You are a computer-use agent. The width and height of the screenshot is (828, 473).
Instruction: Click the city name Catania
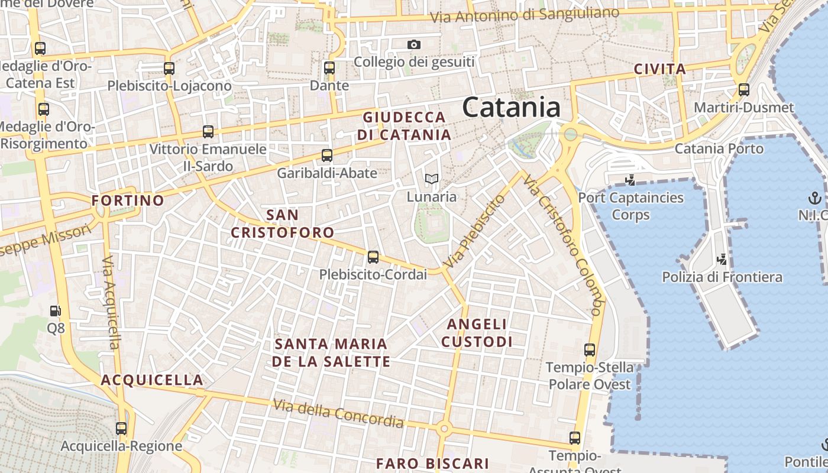[x=511, y=108]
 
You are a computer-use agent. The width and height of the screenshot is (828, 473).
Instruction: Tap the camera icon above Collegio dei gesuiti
[x=414, y=44]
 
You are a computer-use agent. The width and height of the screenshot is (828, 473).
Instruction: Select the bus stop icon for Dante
[x=329, y=68]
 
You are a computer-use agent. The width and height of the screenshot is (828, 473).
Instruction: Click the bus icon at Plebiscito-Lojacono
[x=169, y=69]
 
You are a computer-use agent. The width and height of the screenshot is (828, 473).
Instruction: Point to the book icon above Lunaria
[x=432, y=179]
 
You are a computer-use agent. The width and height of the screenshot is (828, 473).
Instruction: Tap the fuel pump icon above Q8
[x=55, y=310]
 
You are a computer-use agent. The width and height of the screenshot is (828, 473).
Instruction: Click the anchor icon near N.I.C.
[x=815, y=197]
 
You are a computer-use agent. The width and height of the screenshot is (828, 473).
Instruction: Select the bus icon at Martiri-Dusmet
[x=744, y=90]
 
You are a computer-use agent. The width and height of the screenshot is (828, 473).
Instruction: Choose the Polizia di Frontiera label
[x=722, y=277]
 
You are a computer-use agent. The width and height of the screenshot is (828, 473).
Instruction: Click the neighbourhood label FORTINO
[x=127, y=200]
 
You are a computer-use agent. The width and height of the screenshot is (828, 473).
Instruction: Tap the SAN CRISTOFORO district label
[x=282, y=223]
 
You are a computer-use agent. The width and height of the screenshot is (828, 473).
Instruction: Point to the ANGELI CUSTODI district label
[x=477, y=333]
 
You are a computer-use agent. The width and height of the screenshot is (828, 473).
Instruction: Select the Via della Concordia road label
[x=338, y=413]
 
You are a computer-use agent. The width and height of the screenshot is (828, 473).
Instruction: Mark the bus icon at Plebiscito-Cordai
[x=373, y=257]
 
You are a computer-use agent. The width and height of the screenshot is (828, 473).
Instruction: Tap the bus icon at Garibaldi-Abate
[x=326, y=155]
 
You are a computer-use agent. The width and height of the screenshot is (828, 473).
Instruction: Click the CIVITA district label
[x=659, y=69]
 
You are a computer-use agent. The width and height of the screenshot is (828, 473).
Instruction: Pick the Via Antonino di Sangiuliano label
[x=525, y=15]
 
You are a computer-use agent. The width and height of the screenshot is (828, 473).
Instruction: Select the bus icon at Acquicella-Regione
[x=121, y=428]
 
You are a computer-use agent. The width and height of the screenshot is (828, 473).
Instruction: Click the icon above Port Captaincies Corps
[x=630, y=180]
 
